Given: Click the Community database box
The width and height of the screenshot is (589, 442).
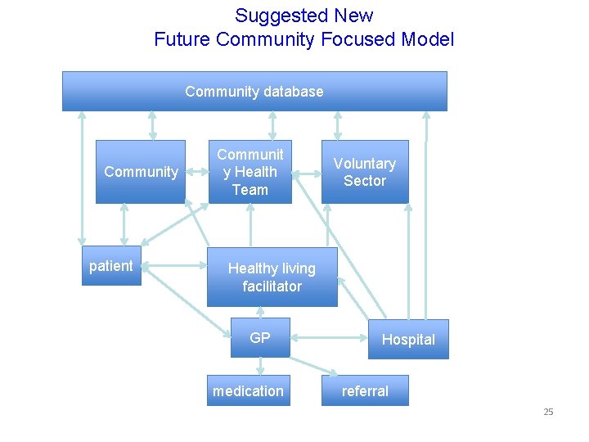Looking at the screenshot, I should click(254, 91).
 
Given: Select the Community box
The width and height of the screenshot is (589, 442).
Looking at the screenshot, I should click(141, 172).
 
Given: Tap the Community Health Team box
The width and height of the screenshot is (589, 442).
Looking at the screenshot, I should click(250, 172).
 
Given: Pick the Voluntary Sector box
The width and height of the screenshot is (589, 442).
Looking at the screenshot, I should click(364, 172).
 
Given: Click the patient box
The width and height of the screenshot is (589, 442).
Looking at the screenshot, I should click(111, 266).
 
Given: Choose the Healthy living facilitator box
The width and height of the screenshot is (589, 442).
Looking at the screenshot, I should click(272, 277).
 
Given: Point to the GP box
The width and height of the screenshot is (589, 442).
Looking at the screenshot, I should click(260, 338).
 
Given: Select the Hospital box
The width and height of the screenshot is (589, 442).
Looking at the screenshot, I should click(408, 340).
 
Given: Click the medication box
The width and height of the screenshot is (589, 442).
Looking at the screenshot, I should click(248, 391).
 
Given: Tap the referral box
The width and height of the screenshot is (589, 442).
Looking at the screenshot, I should click(365, 391).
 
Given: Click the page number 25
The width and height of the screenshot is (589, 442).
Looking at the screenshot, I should click(548, 412).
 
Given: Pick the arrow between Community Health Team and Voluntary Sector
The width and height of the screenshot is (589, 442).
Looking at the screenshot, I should click(306, 174).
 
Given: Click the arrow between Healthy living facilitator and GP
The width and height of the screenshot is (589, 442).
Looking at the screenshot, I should click(260, 312).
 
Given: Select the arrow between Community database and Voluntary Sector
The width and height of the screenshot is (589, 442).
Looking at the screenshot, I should click(337, 125).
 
